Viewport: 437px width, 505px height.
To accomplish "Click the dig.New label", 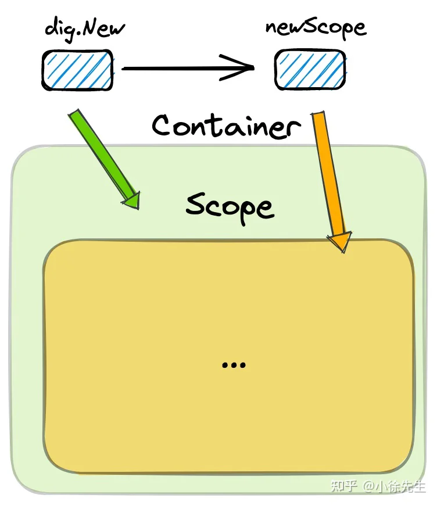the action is tap(85, 29).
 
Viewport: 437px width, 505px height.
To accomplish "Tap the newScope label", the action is tap(316, 28).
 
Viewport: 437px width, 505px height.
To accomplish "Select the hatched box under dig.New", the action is tap(77, 70).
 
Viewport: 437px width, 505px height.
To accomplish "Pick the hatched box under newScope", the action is tap(310, 69).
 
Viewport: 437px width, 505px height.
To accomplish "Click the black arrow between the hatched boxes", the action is tap(188, 68).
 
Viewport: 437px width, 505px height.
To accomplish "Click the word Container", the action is tap(227, 126).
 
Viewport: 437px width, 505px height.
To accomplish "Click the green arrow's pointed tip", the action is tap(138, 209).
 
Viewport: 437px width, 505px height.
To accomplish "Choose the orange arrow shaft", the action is tap(329, 174).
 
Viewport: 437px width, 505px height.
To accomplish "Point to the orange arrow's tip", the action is tap(343, 252).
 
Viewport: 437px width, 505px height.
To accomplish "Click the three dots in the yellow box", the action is tap(234, 365).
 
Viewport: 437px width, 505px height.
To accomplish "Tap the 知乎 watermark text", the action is tap(343, 486).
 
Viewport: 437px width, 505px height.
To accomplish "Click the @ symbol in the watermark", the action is tap(369, 486).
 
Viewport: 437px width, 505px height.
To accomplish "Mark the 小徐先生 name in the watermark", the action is tap(400, 486).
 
